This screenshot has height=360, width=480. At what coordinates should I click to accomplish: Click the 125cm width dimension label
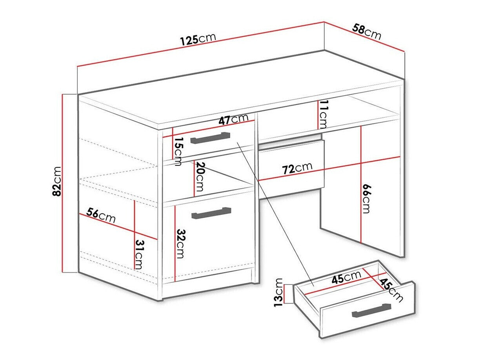(x=198, y=39)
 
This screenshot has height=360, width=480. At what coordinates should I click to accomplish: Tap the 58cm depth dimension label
(x=367, y=32)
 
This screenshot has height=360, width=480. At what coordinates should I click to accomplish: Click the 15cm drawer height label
(x=178, y=151)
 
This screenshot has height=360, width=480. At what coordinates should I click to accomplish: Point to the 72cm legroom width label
(x=297, y=168)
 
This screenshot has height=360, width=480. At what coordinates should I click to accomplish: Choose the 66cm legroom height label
(x=365, y=198)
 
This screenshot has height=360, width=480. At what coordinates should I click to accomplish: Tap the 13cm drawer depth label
(x=278, y=292)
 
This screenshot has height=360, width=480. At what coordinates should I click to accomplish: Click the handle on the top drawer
(x=209, y=138)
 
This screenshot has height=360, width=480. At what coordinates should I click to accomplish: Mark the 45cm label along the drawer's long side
(x=346, y=277)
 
